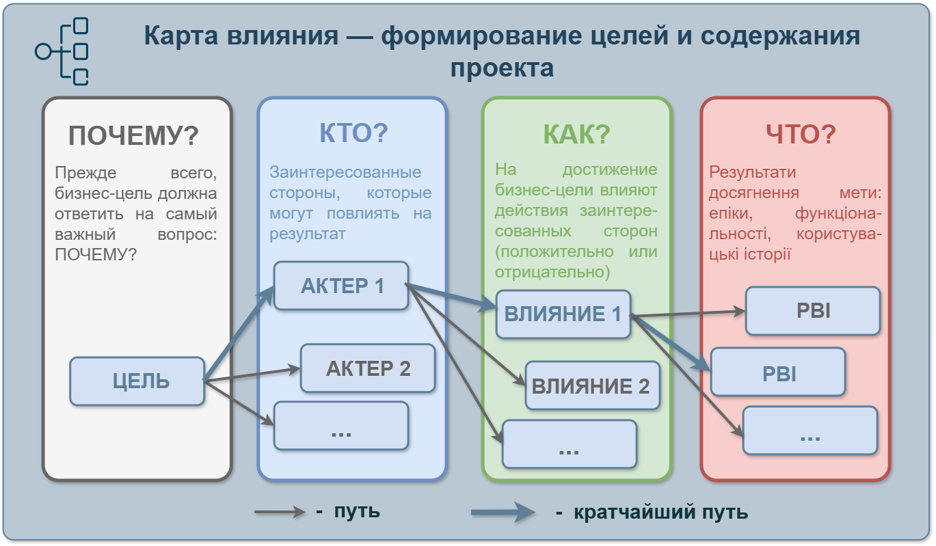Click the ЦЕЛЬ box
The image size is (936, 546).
point(137,381)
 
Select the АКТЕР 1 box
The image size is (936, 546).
point(341,286)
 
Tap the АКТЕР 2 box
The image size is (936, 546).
point(368,368)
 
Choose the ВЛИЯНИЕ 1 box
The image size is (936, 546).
point(563,314)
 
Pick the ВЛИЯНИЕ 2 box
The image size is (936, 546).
point(592,386)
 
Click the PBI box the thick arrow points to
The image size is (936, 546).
point(779,372)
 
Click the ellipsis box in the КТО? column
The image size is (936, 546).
point(341,426)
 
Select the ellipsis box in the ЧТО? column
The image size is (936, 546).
point(810,431)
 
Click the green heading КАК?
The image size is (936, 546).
point(576,135)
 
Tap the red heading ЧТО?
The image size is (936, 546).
point(801,135)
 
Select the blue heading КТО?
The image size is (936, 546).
point(353,133)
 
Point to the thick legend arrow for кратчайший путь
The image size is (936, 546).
point(503,512)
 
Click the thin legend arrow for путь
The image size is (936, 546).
point(280,511)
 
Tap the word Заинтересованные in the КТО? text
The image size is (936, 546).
point(345,172)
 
